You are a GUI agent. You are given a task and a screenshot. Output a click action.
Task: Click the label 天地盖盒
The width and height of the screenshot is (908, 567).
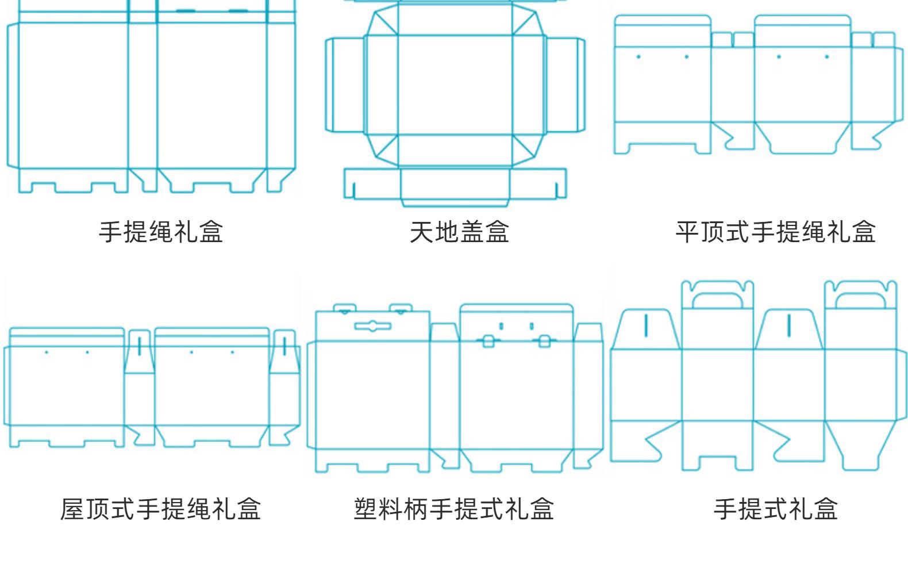coord(459,232)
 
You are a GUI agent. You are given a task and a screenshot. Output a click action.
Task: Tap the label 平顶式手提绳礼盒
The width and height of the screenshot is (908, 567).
coord(776,232)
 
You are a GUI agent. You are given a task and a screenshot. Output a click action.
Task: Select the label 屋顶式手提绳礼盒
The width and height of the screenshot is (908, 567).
coord(160,509)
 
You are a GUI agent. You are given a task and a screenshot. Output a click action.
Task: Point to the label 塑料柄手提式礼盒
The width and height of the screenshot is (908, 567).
coord(453,509)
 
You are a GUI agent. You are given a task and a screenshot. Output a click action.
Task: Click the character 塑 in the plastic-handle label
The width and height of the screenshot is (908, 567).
coord(365,509)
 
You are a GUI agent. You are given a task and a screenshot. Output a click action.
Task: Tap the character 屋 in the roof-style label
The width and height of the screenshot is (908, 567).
coord(72,509)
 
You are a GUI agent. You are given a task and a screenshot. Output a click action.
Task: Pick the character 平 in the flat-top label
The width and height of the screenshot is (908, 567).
coord(688,232)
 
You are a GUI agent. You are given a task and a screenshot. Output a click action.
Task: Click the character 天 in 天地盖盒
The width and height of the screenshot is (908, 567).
coord(422,232)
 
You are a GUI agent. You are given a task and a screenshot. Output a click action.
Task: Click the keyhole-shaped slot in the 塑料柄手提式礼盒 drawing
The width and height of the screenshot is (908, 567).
coord(373,326)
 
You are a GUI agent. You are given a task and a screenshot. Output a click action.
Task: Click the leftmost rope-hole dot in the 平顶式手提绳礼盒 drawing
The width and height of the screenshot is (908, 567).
coord(638,57)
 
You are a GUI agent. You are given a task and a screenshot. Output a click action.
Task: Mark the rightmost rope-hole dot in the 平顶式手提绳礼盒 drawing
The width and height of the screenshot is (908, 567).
coord(827,57)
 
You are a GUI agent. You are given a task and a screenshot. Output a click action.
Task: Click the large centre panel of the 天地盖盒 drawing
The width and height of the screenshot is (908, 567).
coord(455,85)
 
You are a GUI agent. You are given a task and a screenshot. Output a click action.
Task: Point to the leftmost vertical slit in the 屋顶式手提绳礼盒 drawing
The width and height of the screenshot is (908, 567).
coord(140,346)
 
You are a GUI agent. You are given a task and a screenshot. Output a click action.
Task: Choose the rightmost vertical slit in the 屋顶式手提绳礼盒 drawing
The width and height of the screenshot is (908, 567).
coord(284,346)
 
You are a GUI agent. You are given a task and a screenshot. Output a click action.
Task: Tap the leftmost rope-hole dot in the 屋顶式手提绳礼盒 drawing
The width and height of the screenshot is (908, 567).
coord(47,353)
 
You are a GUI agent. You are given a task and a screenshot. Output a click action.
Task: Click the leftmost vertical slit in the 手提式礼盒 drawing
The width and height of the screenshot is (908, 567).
coord(646,325)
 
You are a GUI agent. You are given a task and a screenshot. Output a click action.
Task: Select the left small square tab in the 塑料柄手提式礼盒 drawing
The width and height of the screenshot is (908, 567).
coord(488,342)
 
